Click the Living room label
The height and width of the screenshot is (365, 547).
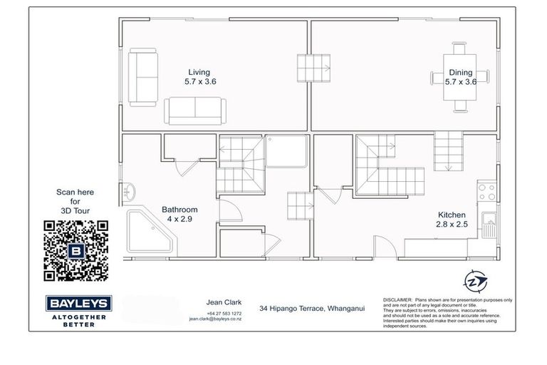click(x=199, y=72)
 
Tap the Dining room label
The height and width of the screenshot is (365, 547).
click(x=460, y=72)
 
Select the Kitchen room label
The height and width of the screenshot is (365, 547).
click(x=452, y=215)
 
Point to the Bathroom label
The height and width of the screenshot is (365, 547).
click(x=179, y=210)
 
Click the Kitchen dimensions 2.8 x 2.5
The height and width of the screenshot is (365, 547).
click(x=452, y=225)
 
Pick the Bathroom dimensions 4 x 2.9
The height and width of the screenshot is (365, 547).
click(x=179, y=220)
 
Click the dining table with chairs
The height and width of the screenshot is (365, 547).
click(x=460, y=77)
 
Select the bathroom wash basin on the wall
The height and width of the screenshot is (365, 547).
click(x=129, y=191)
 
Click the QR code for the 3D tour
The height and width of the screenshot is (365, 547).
click(x=75, y=251)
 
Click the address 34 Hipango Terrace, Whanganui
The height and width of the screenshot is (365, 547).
click(x=312, y=308)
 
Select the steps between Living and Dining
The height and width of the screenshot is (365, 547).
click(x=314, y=68)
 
